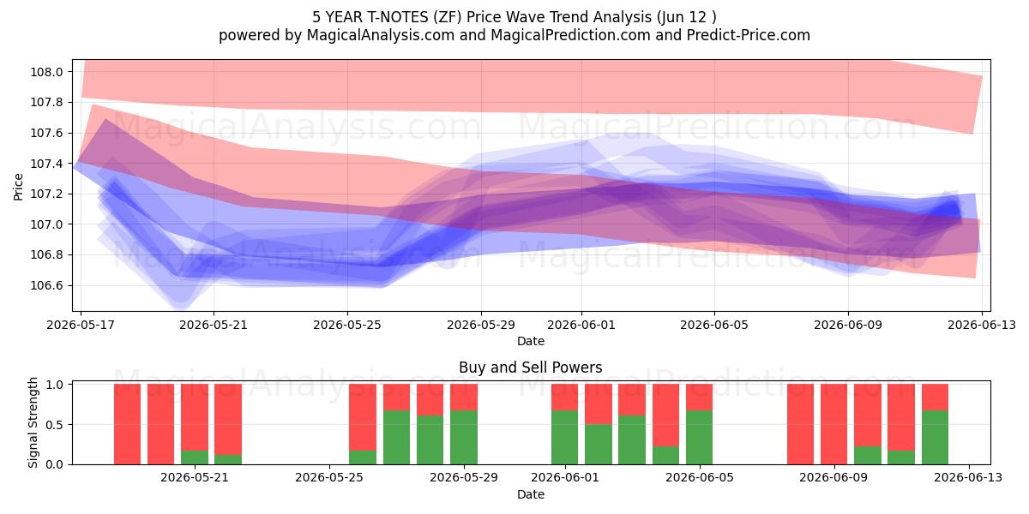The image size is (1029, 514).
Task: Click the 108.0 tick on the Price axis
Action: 46,72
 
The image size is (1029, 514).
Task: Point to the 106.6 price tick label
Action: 46,285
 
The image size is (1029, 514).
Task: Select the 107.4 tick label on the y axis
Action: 46,164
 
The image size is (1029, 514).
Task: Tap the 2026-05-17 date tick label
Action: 81,325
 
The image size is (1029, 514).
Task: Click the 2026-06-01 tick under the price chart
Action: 581,325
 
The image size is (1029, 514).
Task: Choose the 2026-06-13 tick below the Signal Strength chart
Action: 968,477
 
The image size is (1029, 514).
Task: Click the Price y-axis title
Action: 18,187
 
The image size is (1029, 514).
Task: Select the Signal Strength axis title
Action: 33,422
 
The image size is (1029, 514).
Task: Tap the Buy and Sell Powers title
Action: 531,368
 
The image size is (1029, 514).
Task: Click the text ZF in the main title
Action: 448,17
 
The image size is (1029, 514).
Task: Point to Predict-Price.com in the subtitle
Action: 749,35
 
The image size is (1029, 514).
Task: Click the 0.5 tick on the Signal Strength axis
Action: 54,425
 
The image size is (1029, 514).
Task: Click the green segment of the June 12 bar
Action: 935,438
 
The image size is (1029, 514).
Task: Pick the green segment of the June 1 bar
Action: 564,438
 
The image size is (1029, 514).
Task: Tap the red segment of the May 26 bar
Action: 363,417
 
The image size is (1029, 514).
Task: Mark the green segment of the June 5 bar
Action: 699,438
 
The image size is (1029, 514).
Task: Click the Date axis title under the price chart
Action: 531,341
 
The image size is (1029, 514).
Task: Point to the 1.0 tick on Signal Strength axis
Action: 54,385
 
